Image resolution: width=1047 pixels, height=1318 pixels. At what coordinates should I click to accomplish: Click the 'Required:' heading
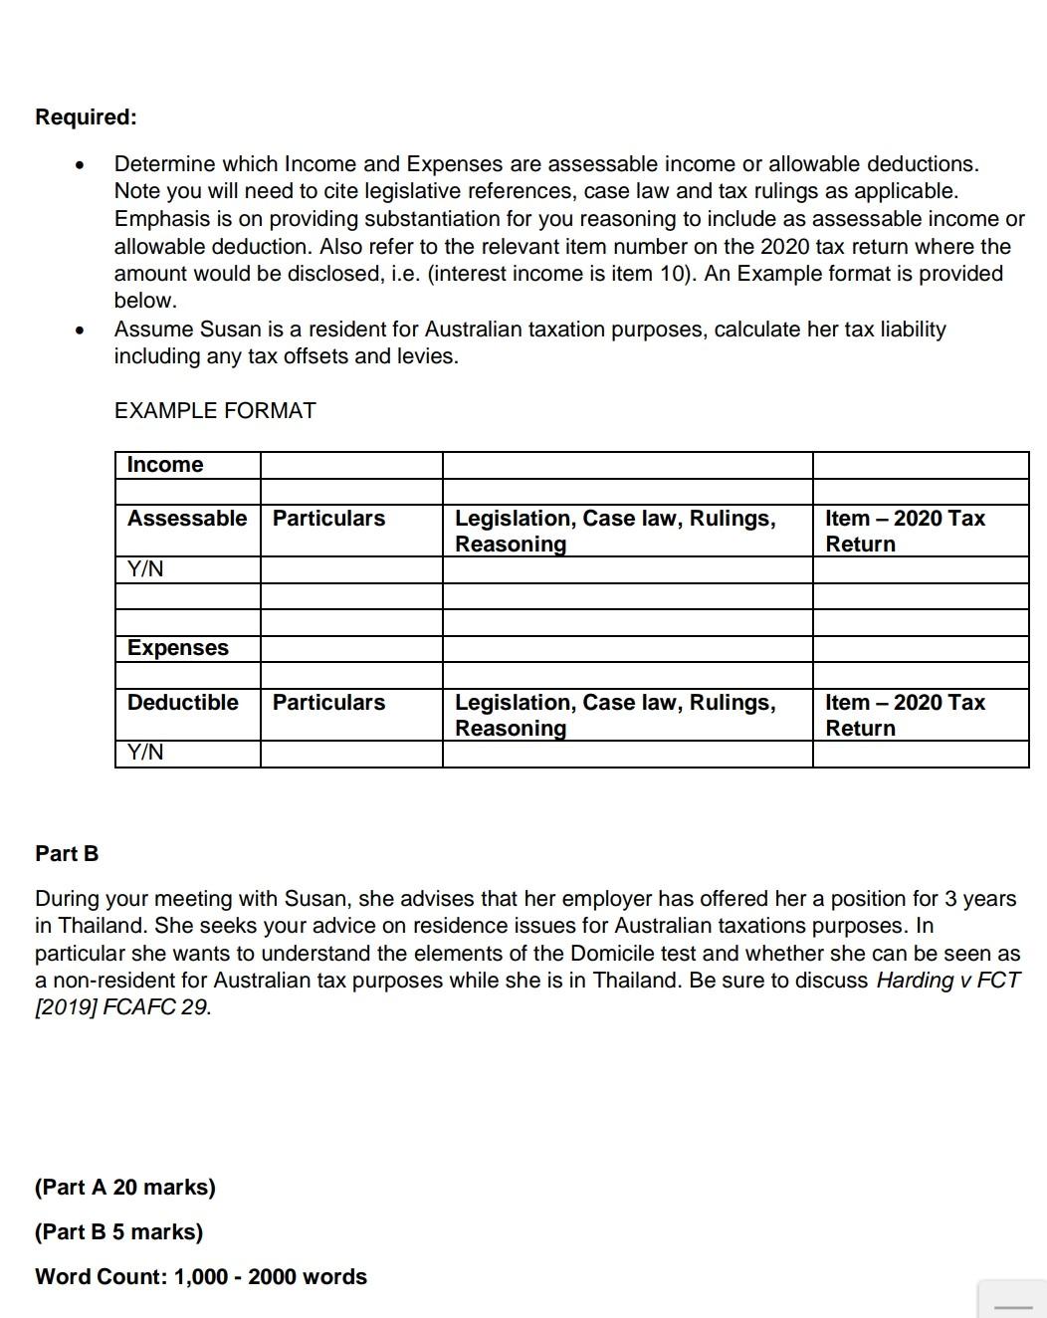coord(86,116)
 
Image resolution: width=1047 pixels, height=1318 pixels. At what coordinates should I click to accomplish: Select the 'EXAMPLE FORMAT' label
coord(215,410)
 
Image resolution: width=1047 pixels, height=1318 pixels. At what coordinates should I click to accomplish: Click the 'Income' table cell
coord(165,465)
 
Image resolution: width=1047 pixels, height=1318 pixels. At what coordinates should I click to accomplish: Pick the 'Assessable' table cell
coord(187,519)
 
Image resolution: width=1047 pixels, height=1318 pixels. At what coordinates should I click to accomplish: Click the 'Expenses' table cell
coord(178,648)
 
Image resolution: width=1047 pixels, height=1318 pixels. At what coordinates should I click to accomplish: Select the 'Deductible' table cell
coord(183,703)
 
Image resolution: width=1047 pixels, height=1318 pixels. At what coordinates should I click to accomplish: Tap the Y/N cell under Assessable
coord(145,569)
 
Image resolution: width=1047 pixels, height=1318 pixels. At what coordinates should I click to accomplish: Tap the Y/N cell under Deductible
coord(145,753)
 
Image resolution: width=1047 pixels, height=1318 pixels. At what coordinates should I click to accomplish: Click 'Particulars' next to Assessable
coord(328,519)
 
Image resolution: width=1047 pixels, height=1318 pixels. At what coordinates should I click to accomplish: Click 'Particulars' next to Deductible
coord(328,703)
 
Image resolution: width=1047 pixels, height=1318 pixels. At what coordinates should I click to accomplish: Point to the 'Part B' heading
coord(67,853)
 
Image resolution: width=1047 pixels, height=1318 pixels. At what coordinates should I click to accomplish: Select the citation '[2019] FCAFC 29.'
coord(123,1006)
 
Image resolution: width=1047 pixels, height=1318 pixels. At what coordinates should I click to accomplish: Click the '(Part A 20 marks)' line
coord(125,1187)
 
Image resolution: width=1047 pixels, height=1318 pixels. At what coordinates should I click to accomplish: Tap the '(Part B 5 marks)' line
coord(118,1231)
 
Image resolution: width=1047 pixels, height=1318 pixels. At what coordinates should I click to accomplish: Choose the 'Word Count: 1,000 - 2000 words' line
coord(201,1276)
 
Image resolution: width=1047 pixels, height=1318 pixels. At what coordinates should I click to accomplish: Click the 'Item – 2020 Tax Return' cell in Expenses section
coord(905,715)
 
